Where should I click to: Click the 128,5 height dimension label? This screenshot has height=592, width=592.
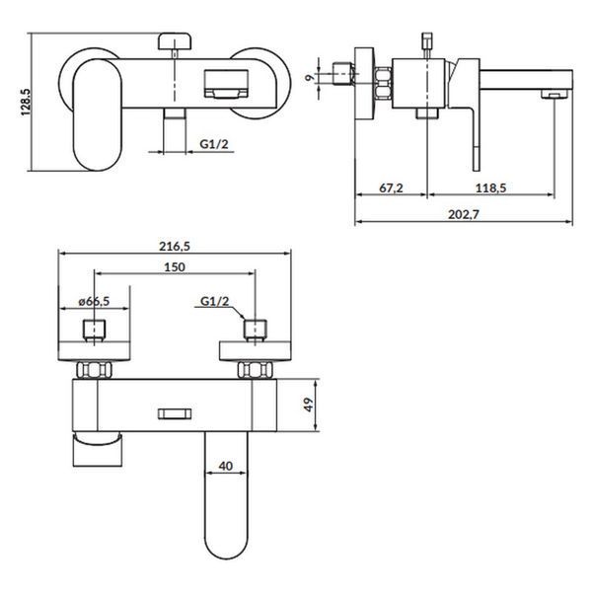26,102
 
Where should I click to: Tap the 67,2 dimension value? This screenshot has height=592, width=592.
391,187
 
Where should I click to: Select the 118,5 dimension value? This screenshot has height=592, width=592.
490,187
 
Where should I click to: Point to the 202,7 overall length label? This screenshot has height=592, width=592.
464,214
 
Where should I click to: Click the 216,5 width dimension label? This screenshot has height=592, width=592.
175,246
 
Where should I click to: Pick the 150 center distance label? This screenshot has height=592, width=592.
175,267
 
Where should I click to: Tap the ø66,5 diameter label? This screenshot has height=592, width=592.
94,301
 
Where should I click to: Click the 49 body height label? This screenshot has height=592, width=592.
309,405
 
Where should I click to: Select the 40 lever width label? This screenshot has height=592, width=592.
225,466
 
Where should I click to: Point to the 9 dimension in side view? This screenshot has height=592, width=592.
310,78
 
